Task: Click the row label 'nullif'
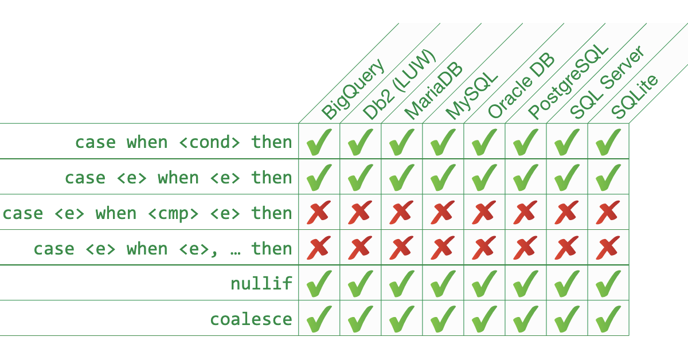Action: coord(261,283)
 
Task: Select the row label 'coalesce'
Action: coord(251,319)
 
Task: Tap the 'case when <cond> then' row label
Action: coord(183,142)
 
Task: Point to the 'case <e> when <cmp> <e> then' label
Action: coord(147,213)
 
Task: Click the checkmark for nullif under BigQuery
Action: coord(319,283)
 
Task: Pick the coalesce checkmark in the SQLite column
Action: coord(608,318)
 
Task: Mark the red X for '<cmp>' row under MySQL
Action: coord(443,213)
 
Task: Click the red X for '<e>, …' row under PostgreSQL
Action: coord(526,248)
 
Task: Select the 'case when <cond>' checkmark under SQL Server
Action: coord(567,142)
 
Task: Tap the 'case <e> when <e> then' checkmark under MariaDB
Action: coord(402,177)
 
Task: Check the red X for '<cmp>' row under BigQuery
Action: coord(319,213)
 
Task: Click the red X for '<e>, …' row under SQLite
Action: coord(608,248)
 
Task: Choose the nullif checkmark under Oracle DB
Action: coord(484,283)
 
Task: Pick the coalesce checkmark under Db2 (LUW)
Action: coord(361,318)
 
